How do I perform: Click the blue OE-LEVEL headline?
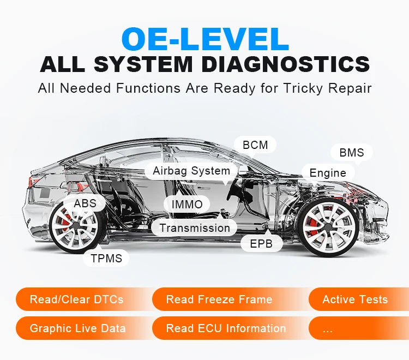coord(204,39)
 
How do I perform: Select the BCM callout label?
coord(255,145)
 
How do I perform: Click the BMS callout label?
coord(351,153)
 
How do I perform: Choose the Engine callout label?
coord(328,173)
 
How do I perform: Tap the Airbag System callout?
coord(191,171)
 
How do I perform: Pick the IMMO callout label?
coord(187,205)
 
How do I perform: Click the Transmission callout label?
coord(195,228)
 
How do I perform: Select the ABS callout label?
coord(85,203)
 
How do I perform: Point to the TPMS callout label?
coord(106,258)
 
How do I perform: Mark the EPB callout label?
coord(261,243)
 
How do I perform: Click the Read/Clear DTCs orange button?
coord(77,299)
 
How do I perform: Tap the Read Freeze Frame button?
coord(219,299)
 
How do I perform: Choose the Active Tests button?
coord(355,299)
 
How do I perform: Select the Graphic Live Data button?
coord(78,328)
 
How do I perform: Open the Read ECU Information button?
coord(226,328)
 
